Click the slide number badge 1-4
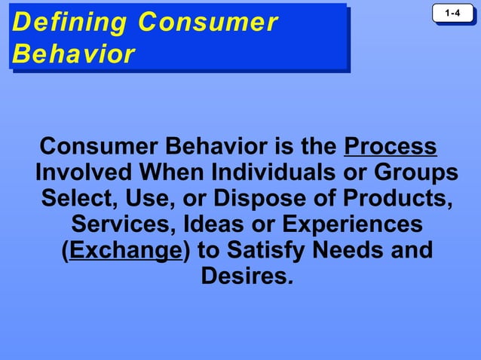[x=452, y=14]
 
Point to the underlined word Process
[x=390, y=145]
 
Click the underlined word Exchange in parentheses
[x=125, y=249]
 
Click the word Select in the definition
[x=77, y=198]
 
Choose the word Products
[x=395, y=198]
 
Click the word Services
[x=124, y=224]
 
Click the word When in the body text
[x=170, y=172]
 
